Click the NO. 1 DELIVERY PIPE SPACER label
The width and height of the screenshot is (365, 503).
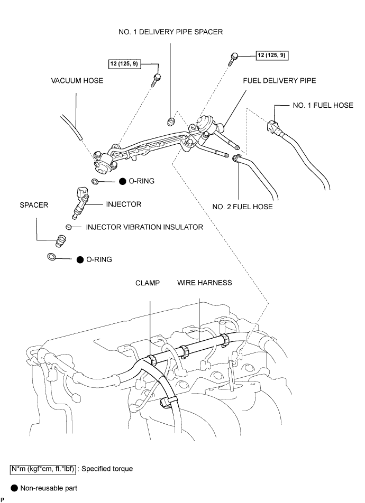tap(170, 32)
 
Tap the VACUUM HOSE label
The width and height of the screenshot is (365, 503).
tap(77, 80)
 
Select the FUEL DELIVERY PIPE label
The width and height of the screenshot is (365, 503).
tap(279, 80)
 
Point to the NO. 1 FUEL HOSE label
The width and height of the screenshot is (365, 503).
tap(323, 105)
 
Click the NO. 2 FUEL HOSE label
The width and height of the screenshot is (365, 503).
tap(243, 207)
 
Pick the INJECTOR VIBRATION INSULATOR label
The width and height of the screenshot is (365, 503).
tap(144, 227)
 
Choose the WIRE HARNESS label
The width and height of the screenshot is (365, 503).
tap(204, 283)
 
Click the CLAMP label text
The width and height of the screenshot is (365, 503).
tap(148, 283)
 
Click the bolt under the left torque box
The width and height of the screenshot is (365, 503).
tap(157, 80)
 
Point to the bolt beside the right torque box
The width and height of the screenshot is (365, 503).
tap(233, 59)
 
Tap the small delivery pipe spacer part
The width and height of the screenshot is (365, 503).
tap(171, 122)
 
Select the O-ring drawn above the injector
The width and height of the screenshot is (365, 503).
tap(95, 182)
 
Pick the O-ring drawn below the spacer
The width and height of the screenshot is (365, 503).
tap(52, 257)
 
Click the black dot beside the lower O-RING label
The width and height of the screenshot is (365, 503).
tap(80, 259)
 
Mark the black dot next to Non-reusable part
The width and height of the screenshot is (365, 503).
tap(14, 488)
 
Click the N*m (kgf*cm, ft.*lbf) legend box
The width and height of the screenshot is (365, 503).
tap(43, 469)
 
